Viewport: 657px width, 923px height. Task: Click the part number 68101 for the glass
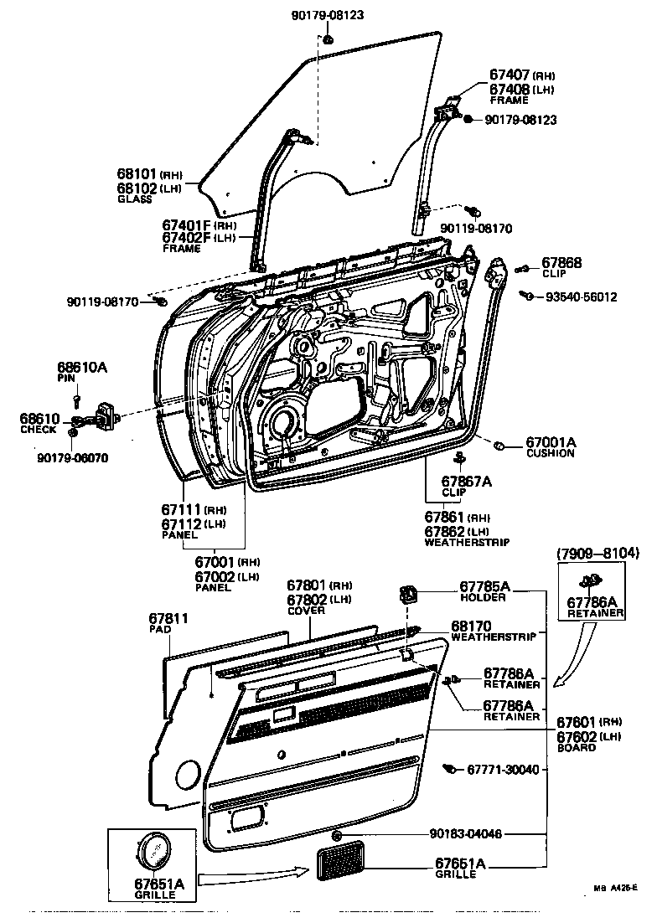click(137, 174)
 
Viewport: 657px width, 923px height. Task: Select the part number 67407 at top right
click(510, 75)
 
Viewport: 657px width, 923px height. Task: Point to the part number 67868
click(561, 263)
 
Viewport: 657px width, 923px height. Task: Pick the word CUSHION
click(550, 453)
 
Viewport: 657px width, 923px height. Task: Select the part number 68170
click(471, 626)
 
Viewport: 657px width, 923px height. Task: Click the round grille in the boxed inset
click(153, 853)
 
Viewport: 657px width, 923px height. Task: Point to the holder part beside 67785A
click(408, 596)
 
